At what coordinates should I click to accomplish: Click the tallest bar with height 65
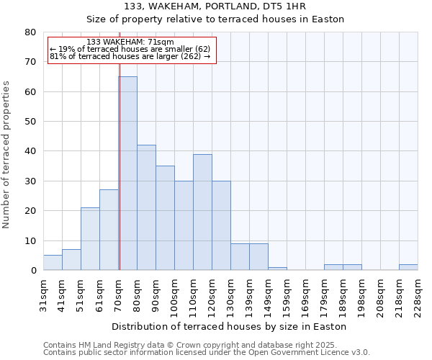point(127,173)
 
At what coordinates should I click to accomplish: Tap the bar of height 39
point(202,212)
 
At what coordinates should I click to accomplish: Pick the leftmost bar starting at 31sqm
point(53,263)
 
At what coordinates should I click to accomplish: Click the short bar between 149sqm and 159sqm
point(277,269)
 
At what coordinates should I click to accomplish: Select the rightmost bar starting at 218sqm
point(408,267)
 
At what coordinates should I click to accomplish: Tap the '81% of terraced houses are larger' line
point(130,56)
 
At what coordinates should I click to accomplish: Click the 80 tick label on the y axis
point(30,32)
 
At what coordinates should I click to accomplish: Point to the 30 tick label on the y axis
point(30,181)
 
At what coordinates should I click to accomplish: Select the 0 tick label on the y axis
point(32,271)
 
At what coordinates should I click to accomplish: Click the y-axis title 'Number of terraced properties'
point(7,155)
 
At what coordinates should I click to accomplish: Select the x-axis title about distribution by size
point(230,326)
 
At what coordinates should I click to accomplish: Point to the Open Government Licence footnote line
point(207,353)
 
